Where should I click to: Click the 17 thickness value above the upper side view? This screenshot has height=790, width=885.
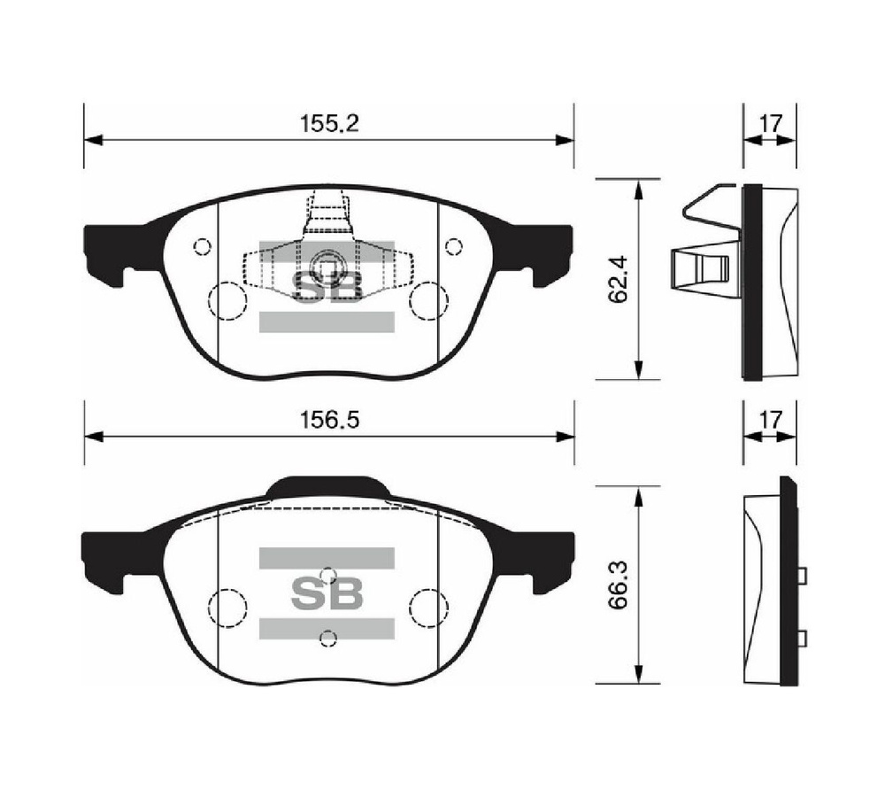(770, 124)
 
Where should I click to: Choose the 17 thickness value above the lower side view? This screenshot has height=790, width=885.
(770, 421)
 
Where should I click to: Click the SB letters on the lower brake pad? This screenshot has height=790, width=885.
(327, 593)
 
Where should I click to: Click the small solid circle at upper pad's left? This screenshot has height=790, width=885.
(202, 247)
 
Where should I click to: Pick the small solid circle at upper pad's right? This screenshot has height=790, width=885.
(454, 247)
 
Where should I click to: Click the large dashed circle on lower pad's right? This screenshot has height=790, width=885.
(429, 607)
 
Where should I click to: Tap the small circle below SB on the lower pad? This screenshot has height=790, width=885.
(327, 637)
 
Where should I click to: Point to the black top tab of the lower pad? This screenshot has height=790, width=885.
(327, 487)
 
